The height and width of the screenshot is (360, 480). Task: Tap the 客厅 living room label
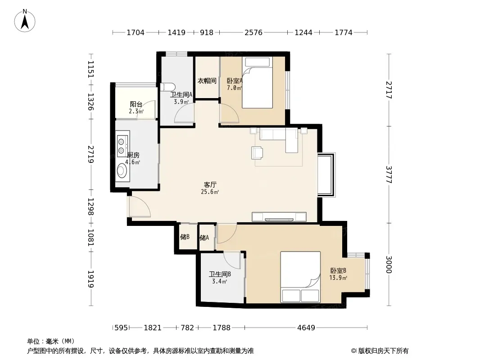click(210, 185)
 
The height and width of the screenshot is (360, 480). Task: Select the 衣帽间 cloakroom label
click(207, 81)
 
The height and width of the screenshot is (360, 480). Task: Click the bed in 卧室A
click(257, 82)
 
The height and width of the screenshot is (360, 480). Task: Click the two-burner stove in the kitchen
click(123, 144)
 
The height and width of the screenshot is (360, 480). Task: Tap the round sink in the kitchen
click(122, 171)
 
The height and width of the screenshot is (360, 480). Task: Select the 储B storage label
click(185, 237)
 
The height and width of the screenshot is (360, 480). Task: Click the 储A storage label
click(204, 238)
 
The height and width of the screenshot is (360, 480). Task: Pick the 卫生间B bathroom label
click(220, 274)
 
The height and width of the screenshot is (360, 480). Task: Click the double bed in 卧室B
click(300, 277)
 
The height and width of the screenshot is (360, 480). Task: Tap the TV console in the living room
click(279, 217)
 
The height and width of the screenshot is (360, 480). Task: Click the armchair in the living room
click(257, 153)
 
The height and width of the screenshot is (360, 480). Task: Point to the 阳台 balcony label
click(136, 104)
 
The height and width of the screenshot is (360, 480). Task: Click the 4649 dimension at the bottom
click(306, 328)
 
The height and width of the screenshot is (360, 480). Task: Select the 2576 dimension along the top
click(254, 32)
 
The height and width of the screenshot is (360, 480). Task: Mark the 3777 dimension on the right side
click(389, 175)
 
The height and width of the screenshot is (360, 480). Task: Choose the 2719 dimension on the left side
click(91, 154)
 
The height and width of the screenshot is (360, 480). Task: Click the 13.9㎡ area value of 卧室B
click(338, 278)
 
